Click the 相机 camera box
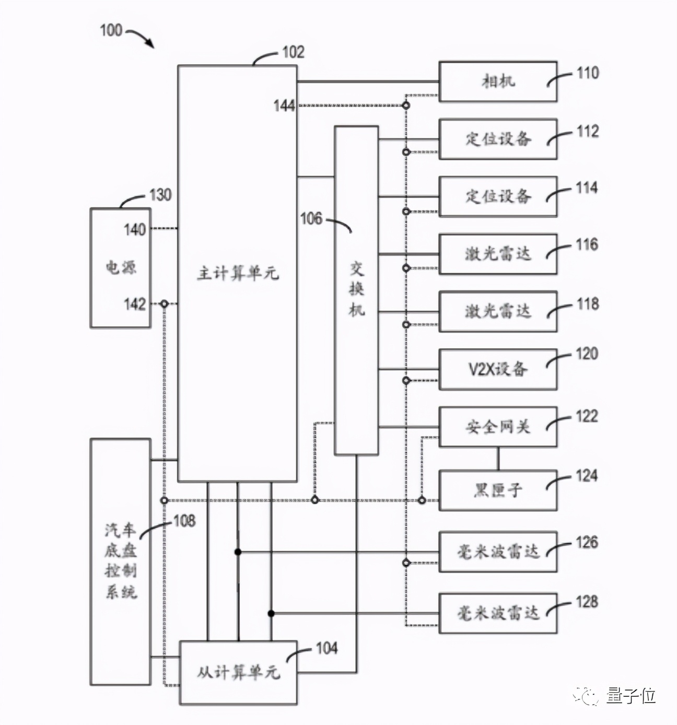click(x=497, y=81)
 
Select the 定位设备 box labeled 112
click(x=497, y=139)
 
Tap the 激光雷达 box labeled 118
click(x=497, y=311)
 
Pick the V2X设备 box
click(x=497, y=369)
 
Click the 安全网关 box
click(x=497, y=427)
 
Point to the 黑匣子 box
click(x=497, y=490)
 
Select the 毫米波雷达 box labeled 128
click(x=497, y=613)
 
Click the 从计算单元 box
click(x=238, y=672)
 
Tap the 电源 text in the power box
click(x=121, y=268)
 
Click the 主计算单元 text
click(x=238, y=273)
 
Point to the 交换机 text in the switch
click(x=356, y=289)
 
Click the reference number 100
click(x=111, y=30)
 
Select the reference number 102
click(x=293, y=52)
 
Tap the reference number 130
click(x=160, y=195)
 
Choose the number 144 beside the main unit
click(x=284, y=106)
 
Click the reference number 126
click(x=587, y=542)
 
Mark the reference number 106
click(x=311, y=218)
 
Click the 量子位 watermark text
click(x=631, y=696)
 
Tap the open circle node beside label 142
click(x=164, y=303)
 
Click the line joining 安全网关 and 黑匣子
click(x=497, y=459)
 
